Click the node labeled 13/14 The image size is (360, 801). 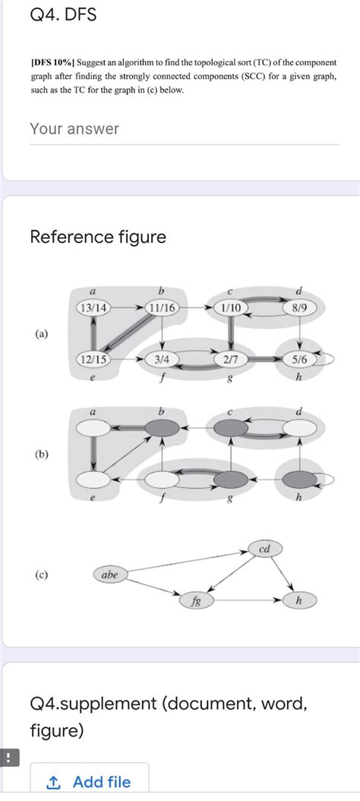pyautogui.click(x=93, y=308)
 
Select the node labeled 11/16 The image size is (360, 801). pyautogui.click(x=163, y=308)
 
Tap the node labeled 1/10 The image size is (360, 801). pyautogui.click(x=231, y=308)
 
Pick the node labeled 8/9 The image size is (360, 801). pyautogui.click(x=301, y=308)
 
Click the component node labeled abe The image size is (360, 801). pyautogui.click(x=111, y=575)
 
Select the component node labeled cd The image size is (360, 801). pyautogui.click(x=264, y=549)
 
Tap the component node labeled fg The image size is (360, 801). pyautogui.click(x=196, y=601)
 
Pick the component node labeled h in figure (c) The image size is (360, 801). pyautogui.click(x=298, y=601)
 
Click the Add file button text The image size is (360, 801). pyautogui.click(x=101, y=782)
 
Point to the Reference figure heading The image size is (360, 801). pyautogui.click(x=98, y=237)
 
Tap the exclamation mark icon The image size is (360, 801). pyautogui.click(x=8, y=758)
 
